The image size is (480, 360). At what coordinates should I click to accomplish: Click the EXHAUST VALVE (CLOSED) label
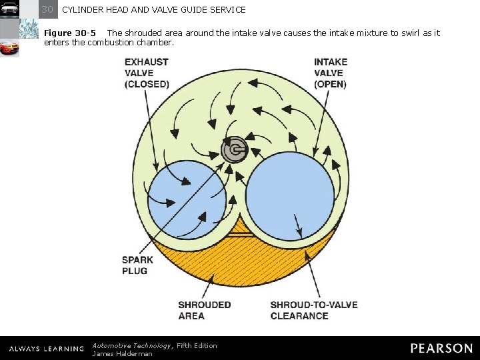146,73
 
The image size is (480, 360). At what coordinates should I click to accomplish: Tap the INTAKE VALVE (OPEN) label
330,73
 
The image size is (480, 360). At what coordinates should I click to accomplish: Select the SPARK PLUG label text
137,265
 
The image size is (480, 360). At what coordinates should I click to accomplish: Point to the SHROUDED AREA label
204,310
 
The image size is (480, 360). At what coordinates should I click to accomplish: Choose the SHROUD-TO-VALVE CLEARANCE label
313,310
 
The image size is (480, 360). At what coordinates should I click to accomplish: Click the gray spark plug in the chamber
234,149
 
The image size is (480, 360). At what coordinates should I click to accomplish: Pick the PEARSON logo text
441,348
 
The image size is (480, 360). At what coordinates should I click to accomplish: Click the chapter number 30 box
47,9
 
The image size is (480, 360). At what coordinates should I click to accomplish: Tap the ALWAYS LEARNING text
47,349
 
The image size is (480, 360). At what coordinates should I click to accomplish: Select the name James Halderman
122,354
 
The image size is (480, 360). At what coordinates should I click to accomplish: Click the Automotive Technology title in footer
131,345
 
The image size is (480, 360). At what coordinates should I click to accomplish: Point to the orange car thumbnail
9,48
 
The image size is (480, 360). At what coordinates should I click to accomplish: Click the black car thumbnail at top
9,9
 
